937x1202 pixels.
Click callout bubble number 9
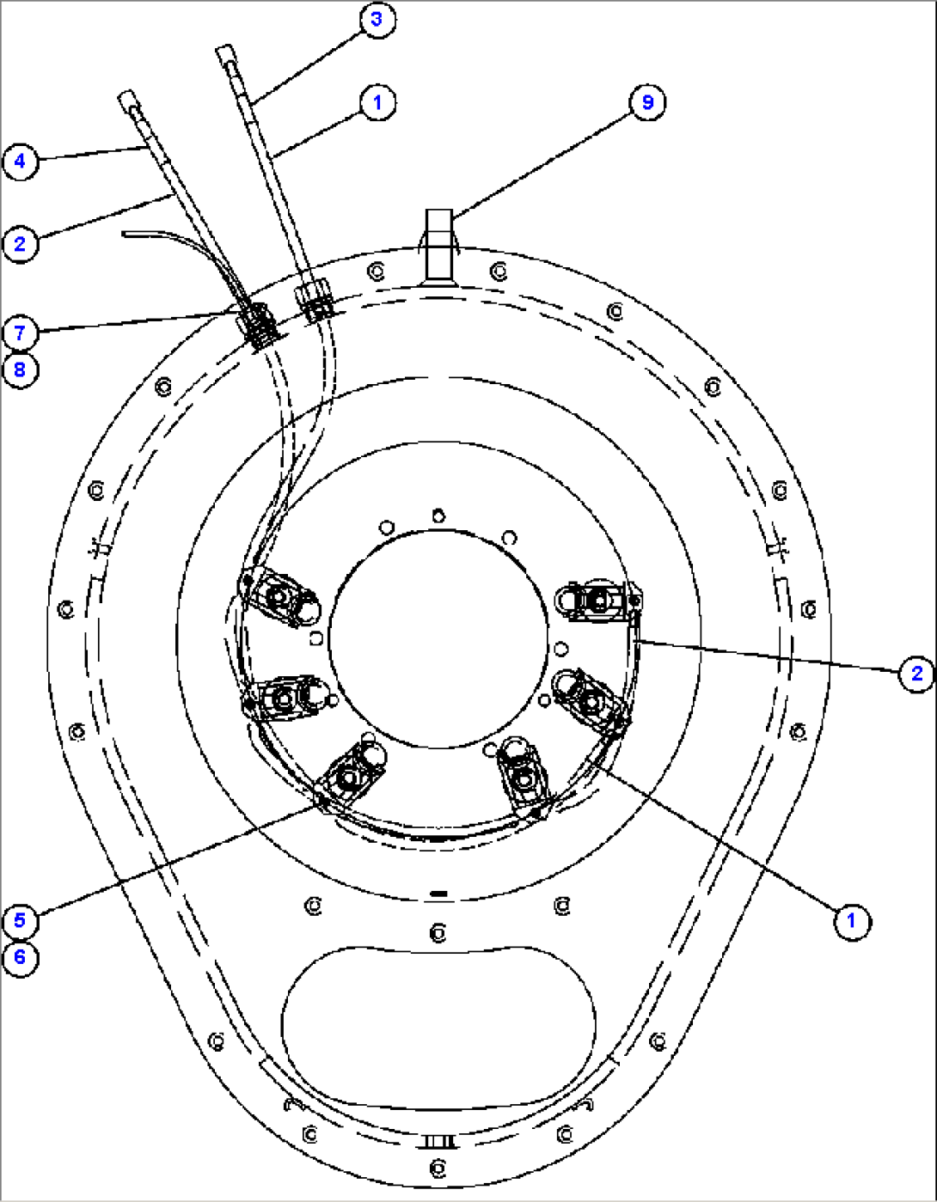click(646, 102)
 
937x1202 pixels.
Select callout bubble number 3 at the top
click(377, 20)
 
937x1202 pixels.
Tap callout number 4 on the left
click(20, 162)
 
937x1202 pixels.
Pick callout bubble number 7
click(20, 333)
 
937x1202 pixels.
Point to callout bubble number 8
click(20, 370)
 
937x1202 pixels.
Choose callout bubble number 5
click(20, 920)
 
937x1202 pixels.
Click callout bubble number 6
click(20, 957)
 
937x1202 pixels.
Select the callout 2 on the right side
click(916, 673)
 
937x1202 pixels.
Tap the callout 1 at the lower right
click(851, 921)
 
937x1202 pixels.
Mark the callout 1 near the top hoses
click(377, 102)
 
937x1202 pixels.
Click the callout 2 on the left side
click(20, 244)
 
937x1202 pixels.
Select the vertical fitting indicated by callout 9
click(438, 244)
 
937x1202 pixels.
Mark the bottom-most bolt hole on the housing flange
click(438, 1168)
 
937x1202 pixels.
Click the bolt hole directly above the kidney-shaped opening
click(438, 931)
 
